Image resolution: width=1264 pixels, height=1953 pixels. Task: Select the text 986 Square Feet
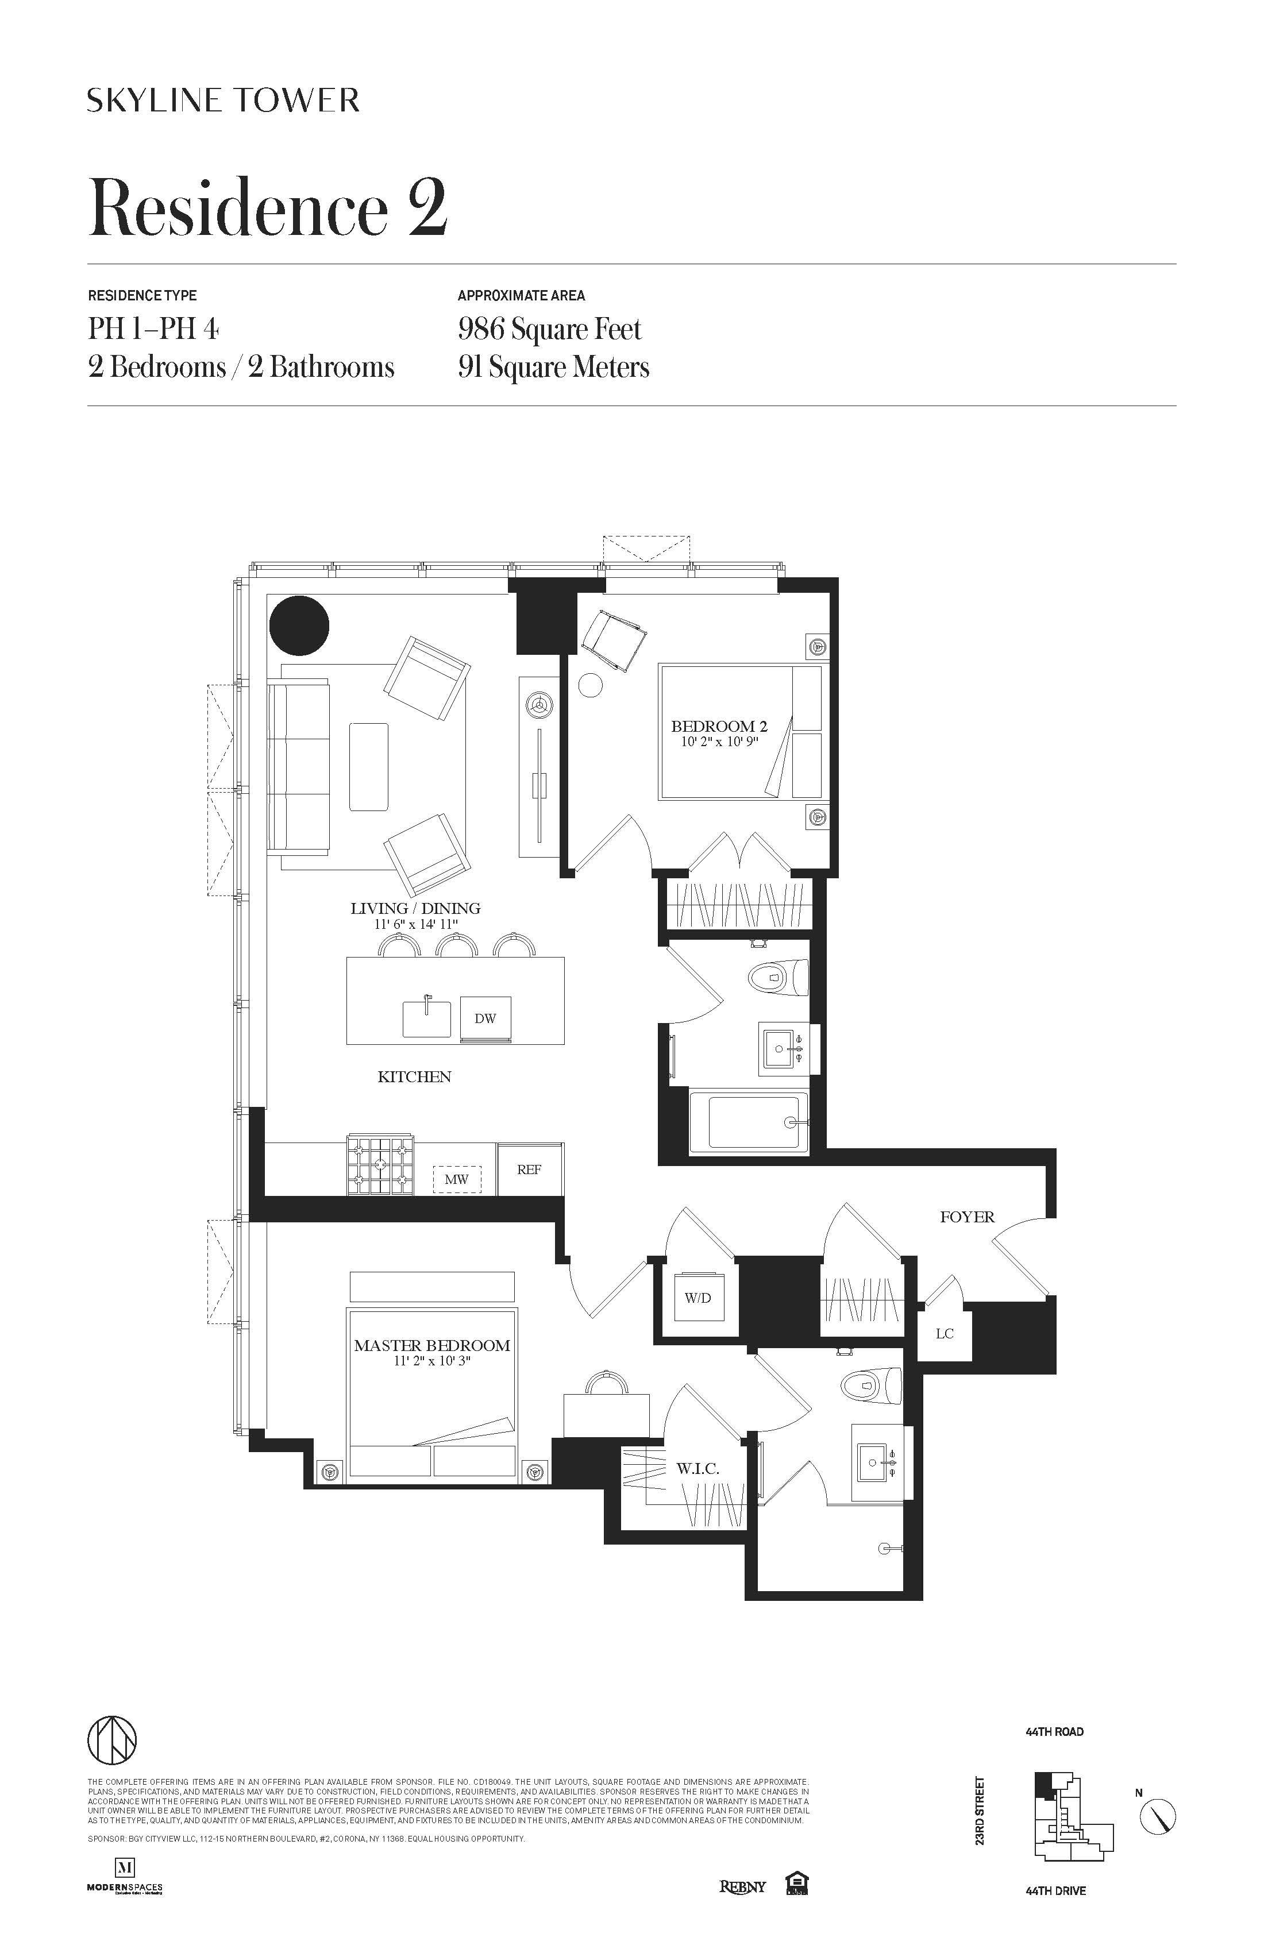549,329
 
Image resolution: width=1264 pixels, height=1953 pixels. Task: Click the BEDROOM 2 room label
719,726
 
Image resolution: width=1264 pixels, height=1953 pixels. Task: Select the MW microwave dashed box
456,1179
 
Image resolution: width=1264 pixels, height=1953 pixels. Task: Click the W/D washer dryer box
699,1298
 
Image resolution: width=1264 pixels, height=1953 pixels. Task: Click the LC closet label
945,1333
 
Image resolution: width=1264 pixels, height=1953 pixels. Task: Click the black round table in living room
299,626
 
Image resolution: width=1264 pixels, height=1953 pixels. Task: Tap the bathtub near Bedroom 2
753,1122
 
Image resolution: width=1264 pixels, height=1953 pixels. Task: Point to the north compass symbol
1157,1815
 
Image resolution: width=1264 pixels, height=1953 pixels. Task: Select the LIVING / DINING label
415,908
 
